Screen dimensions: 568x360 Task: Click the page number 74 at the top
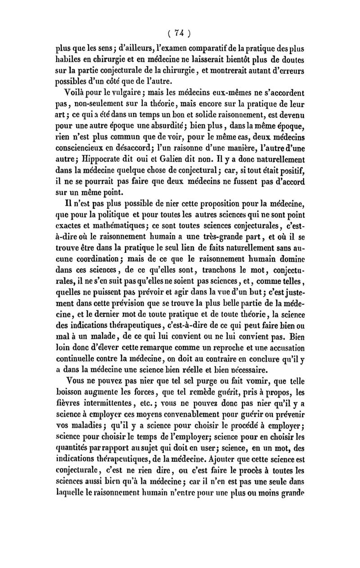pyautogui.click(x=180, y=33)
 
